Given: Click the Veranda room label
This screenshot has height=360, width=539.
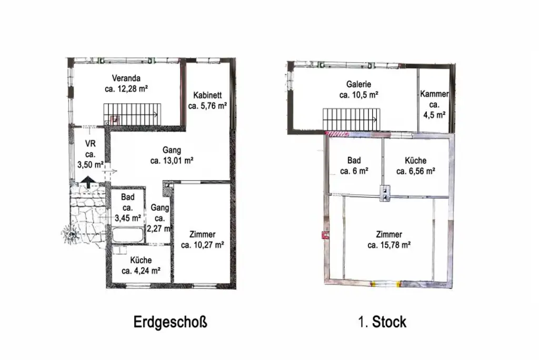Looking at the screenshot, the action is tap(126, 78).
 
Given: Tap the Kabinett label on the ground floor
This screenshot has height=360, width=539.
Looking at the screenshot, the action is tap(207, 95).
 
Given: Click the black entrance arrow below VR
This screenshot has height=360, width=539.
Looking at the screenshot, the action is tap(88, 181).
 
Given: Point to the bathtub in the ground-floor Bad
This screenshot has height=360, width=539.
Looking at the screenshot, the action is tap(127, 235).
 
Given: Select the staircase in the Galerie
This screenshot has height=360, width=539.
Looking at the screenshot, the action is tap(351, 119).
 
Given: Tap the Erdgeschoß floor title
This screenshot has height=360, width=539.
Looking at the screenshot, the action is tap(170, 322).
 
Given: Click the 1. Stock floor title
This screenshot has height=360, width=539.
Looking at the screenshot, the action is tap(382, 322).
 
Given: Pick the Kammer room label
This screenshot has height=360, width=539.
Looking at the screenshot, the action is tap(434, 94).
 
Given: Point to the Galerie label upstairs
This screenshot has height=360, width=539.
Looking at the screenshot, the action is tap(358, 84).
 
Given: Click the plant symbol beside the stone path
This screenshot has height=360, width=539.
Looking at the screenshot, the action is tap(71, 235).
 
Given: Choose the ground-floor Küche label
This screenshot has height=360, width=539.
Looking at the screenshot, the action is tap(141, 261).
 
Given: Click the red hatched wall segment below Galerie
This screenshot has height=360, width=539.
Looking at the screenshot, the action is tap(337, 134).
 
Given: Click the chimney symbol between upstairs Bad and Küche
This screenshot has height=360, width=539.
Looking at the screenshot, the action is tap(385, 193).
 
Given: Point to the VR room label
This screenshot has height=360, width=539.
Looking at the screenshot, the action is tap(91, 144).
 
